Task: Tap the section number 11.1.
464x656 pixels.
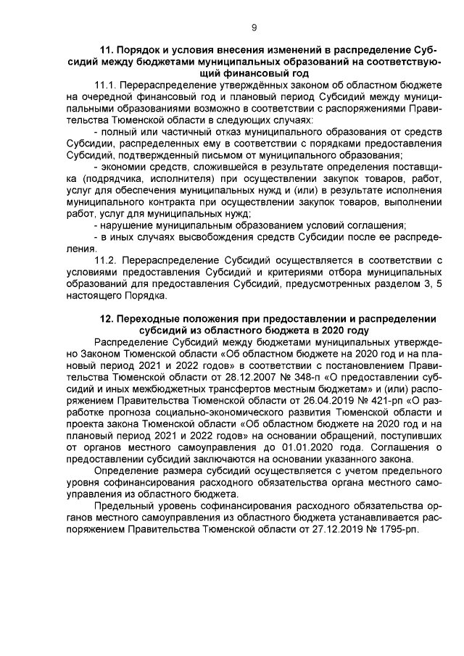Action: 107,85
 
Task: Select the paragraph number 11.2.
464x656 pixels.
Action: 107,259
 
